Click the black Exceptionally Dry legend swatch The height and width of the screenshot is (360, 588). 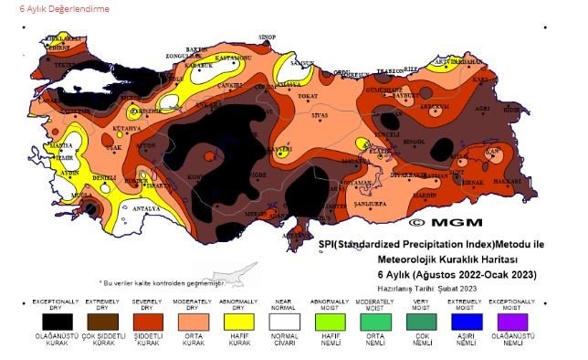[57, 321]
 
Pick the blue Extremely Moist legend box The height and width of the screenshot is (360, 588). [467, 321]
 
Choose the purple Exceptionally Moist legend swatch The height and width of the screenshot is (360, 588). [513, 321]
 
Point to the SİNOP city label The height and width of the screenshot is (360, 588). [267, 37]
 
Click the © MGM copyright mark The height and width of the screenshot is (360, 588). [439, 221]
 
